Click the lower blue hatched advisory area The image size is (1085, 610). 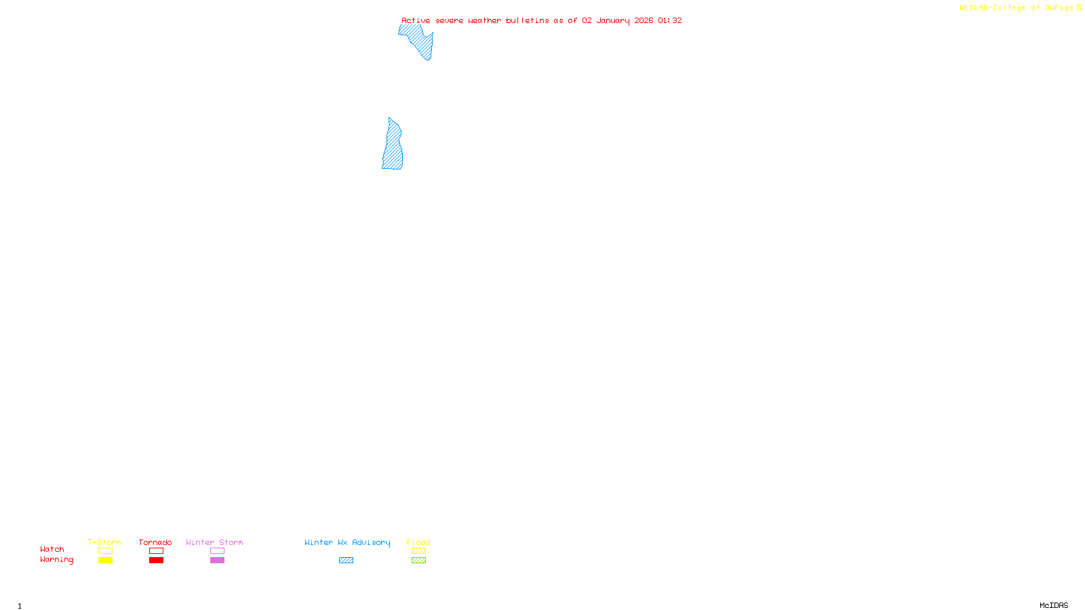click(x=393, y=146)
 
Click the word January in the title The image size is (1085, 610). click(x=612, y=20)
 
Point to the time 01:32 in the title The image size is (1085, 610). click(x=669, y=20)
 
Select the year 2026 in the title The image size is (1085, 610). click(x=644, y=20)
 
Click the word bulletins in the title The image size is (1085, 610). click(x=527, y=20)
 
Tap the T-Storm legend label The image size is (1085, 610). click(x=104, y=542)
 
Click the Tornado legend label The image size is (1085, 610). click(x=155, y=542)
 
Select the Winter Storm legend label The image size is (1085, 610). click(x=214, y=542)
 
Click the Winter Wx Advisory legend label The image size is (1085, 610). click(x=347, y=542)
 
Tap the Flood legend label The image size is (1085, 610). click(x=418, y=542)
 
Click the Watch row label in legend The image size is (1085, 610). click(x=52, y=549)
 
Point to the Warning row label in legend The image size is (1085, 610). click(x=57, y=560)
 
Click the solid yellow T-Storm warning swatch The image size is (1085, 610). click(x=105, y=561)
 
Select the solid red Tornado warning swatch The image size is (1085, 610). click(x=156, y=561)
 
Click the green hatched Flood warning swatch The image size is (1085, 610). click(x=418, y=561)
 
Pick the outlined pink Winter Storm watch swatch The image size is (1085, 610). click(x=217, y=551)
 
